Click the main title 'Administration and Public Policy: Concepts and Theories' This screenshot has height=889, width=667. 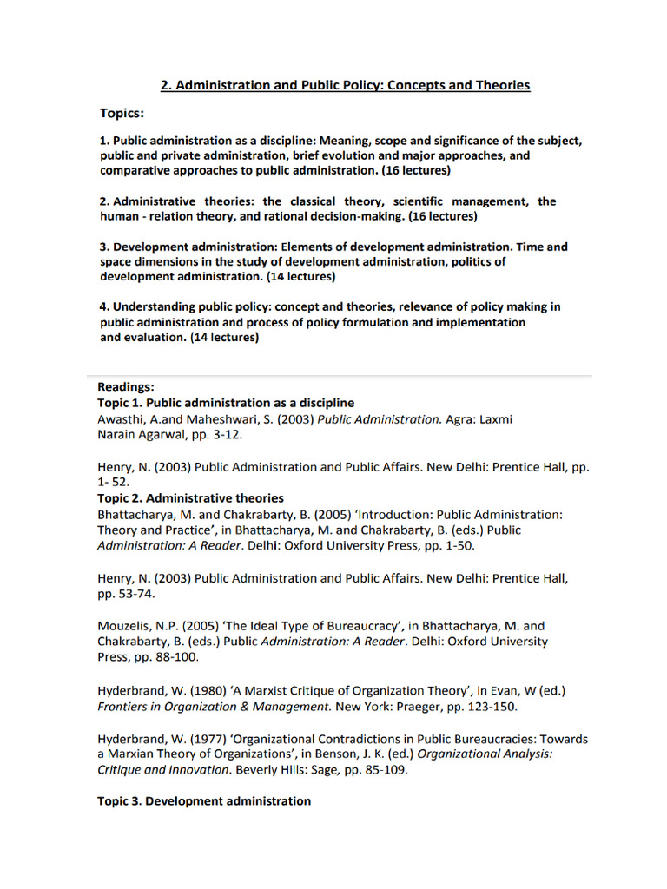pos(345,85)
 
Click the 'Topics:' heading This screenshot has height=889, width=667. pos(122,114)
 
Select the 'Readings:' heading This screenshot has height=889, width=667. pos(126,387)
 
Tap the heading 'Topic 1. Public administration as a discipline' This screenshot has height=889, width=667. pos(226,403)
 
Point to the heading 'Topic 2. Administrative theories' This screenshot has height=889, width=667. pos(190,498)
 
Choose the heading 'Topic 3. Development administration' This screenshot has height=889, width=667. pos(204,801)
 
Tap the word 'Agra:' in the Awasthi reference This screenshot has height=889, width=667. pos(460,419)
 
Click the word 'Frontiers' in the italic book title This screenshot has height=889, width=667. pos(125,707)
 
